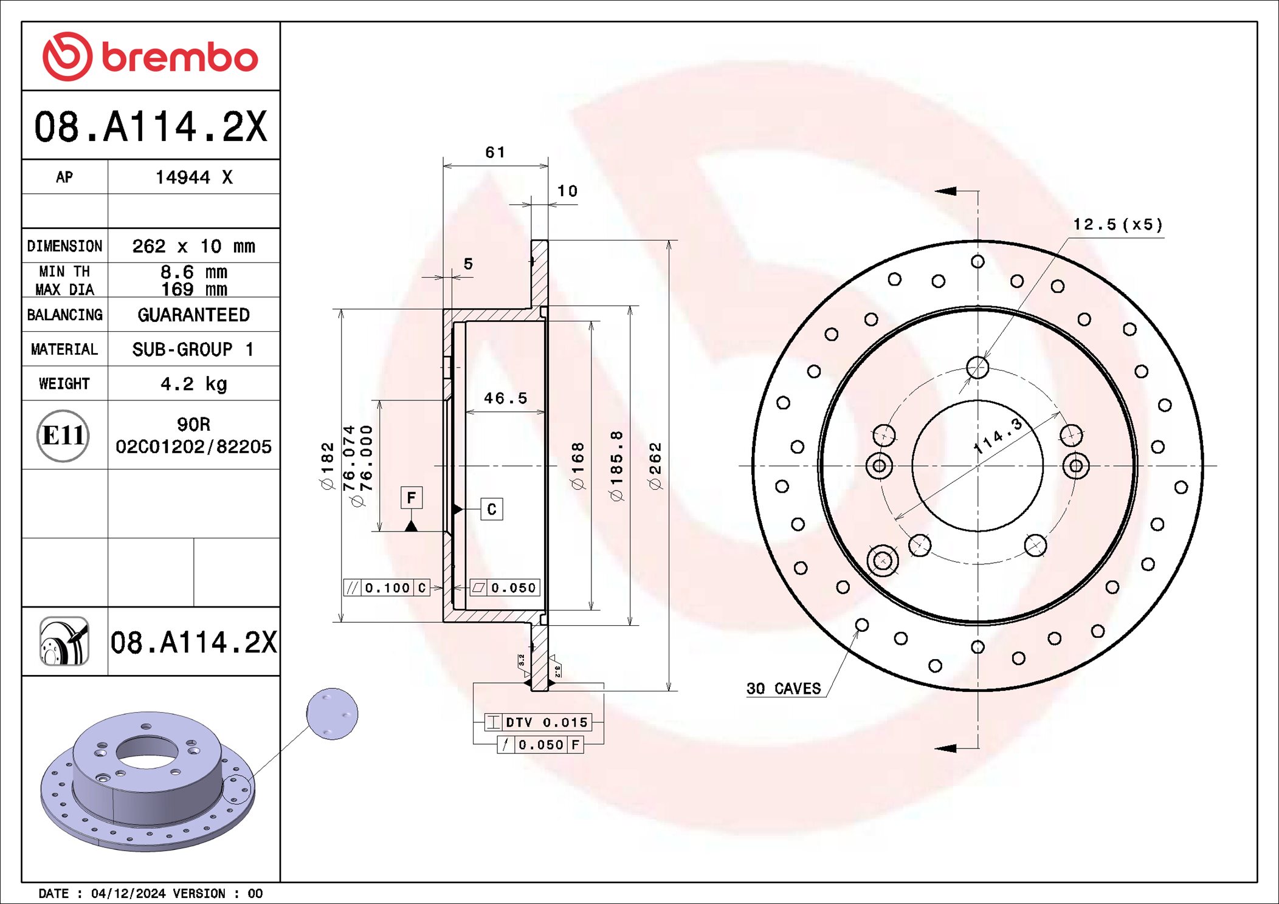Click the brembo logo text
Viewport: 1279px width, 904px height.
point(179,58)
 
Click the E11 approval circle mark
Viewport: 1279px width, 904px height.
point(63,436)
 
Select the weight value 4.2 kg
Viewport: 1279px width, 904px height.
point(193,384)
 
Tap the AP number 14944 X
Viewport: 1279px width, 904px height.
point(193,177)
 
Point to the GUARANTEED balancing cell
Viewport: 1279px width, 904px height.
point(193,315)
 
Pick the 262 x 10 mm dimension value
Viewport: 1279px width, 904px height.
point(193,246)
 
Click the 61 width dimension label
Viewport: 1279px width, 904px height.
point(495,152)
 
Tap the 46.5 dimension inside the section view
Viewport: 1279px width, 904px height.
point(505,398)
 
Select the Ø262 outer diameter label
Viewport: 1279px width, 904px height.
point(655,466)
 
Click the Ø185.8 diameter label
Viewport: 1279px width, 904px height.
point(616,466)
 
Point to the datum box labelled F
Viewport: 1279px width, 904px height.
point(412,498)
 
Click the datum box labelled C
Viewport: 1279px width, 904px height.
point(491,509)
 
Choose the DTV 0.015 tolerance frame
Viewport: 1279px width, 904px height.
point(538,722)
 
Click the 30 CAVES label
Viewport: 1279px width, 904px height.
point(783,689)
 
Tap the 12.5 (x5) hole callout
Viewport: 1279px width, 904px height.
point(1117,225)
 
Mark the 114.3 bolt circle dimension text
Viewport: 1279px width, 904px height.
point(998,436)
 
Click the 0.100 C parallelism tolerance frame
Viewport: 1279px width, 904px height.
point(387,587)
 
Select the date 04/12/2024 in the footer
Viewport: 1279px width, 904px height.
point(128,894)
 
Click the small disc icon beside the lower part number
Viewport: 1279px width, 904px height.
point(64,642)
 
